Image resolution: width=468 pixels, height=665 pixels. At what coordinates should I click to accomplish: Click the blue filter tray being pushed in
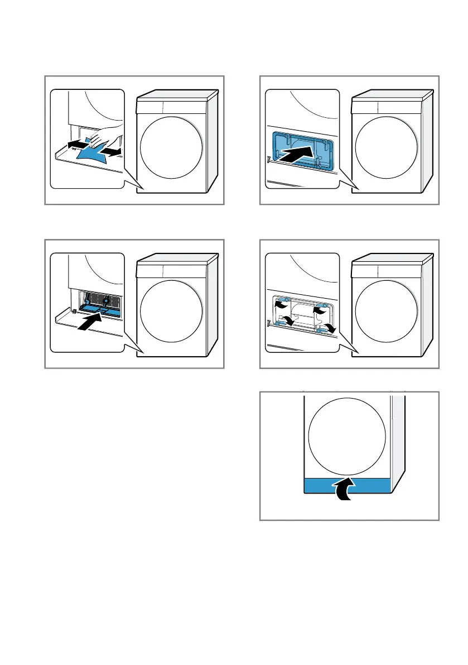(99, 306)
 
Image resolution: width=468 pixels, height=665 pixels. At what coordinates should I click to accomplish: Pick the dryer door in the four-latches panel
(387, 311)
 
